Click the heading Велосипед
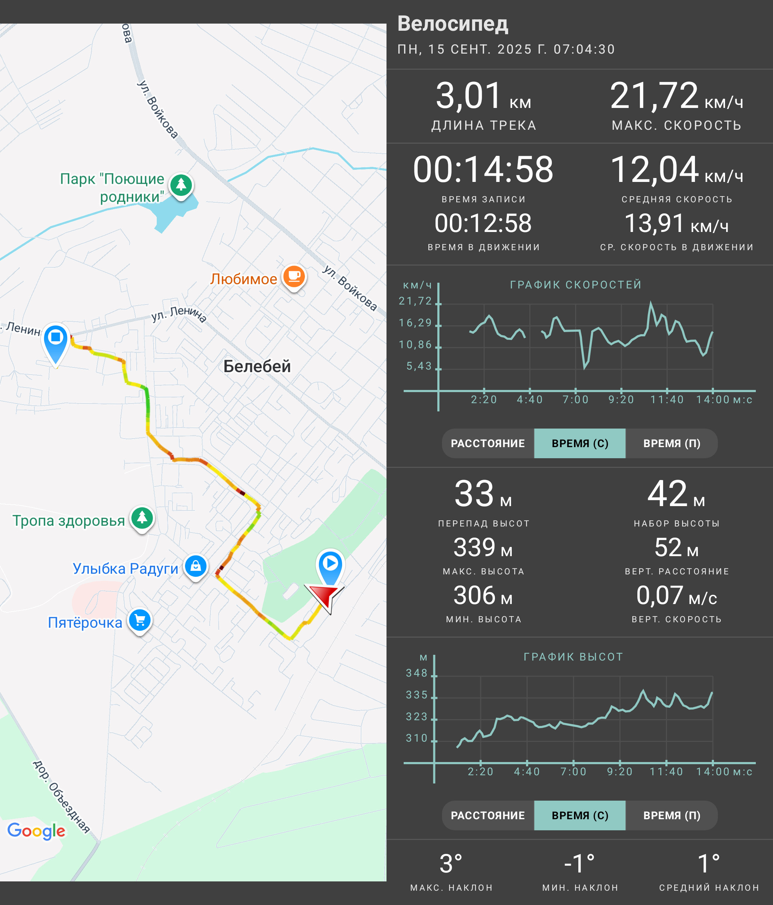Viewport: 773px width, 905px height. pos(452,24)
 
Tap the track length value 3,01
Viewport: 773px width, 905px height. pos(468,96)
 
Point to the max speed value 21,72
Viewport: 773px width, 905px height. pos(654,96)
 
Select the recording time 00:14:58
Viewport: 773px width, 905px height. pos(483,169)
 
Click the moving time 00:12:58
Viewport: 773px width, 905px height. pos(483,223)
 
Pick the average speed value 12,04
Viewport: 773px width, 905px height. pos(654,169)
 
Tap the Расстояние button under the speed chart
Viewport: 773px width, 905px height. pos(488,443)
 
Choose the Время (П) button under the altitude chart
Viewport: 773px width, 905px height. pos(672,815)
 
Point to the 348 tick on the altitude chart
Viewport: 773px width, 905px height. pos(417,673)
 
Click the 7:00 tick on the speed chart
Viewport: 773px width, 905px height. pos(575,400)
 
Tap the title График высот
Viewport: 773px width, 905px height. pos(573,657)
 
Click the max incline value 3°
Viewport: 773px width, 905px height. pos(451,864)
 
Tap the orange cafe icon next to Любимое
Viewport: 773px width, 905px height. pos(294,277)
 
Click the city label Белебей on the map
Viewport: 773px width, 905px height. pos(257,366)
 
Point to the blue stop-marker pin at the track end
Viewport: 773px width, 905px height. pos(55,343)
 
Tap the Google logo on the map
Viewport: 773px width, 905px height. pos(36,831)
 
